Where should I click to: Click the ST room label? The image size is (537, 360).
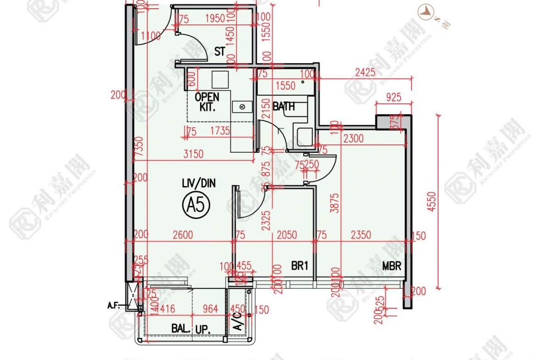(x=220, y=51)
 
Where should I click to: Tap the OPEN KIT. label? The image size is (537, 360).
(x=207, y=102)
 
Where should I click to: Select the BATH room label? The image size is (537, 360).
(x=284, y=106)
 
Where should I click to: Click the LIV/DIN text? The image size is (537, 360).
(x=198, y=184)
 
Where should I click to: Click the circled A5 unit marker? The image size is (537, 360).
(x=196, y=205)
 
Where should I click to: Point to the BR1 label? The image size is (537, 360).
(x=299, y=266)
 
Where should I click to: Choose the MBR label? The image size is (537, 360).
(x=392, y=266)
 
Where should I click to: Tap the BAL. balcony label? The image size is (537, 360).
(x=181, y=328)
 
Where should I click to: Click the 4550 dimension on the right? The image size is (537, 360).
(x=431, y=202)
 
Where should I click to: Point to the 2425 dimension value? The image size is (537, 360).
(x=365, y=72)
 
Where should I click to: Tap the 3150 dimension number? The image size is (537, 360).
(x=193, y=154)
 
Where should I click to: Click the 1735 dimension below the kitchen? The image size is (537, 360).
(x=220, y=131)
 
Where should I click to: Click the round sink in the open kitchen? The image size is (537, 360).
(x=243, y=107)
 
